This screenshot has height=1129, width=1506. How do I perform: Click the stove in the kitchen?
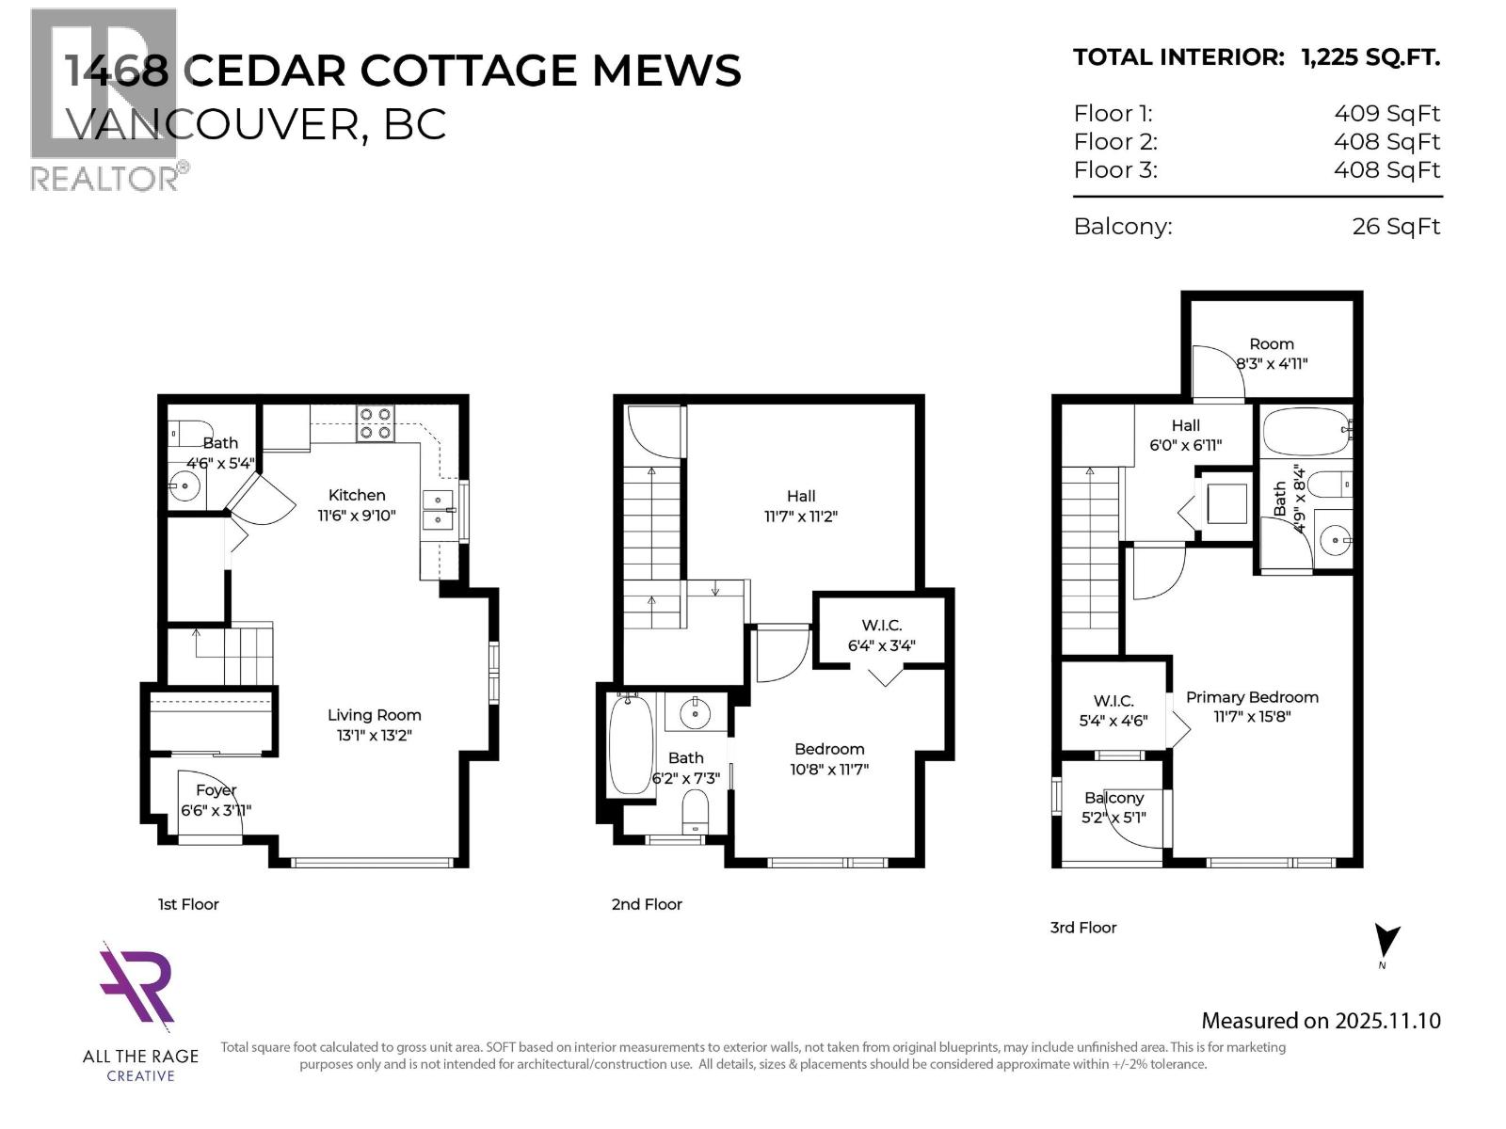pyautogui.click(x=375, y=423)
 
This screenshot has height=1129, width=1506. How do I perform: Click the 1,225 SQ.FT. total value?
pyautogui.click(x=1370, y=57)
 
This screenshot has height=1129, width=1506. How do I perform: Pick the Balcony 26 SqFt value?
pyautogui.click(x=1396, y=227)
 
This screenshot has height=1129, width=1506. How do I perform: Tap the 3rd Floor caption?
pyautogui.click(x=1082, y=928)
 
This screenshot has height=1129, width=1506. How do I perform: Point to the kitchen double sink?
pyautogui.click(x=438, y=510)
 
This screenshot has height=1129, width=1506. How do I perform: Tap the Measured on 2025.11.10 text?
pyautogui.click(x=1321, y=1021)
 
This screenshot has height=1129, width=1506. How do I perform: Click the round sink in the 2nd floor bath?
pyautogui.click(x=696, y=713)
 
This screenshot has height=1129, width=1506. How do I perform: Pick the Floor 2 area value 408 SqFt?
pyautogui.click(x=1386, y=142)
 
